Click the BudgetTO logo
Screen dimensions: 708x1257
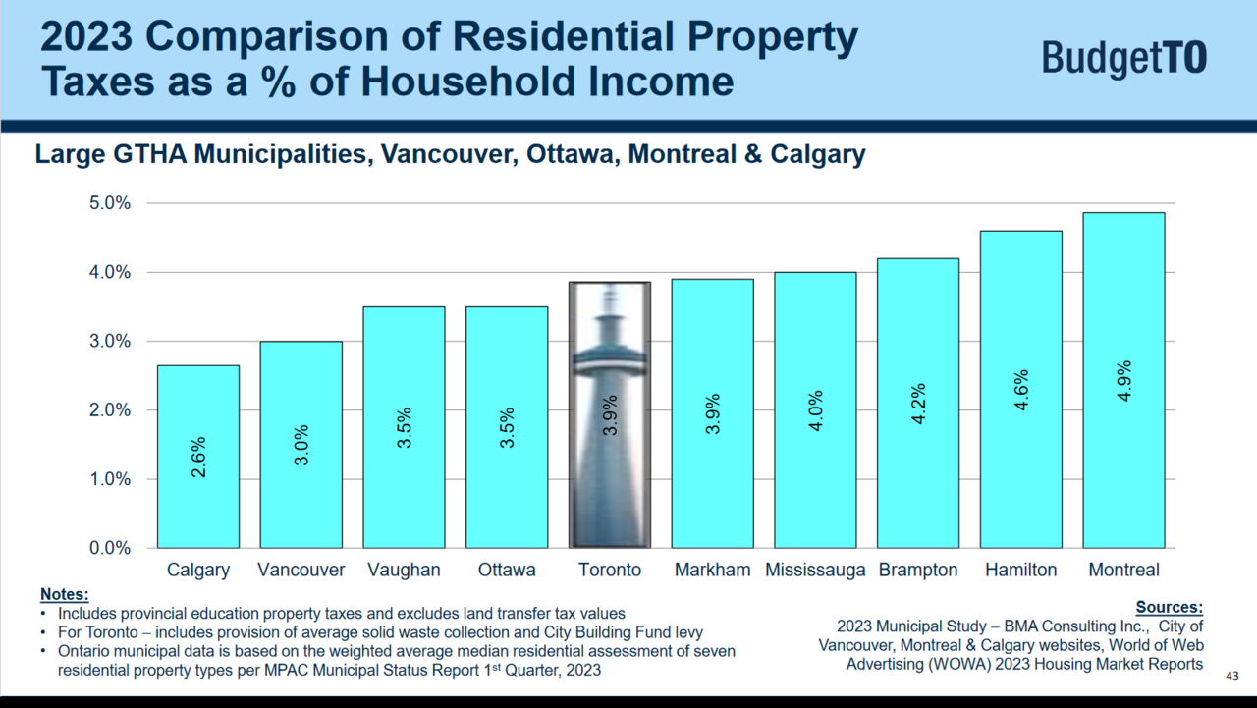pos(1124,58)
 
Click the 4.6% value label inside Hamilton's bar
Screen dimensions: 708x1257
pos(1021,390)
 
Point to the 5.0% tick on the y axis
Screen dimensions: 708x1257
pos(110,203)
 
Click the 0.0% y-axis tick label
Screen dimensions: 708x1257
pos(110,548)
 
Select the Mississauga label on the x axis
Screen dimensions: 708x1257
pos(815,571)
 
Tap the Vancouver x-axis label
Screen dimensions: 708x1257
pos(301,571)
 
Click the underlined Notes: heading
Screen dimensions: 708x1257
pos(64,594)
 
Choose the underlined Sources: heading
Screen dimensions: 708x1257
pos(1169,608)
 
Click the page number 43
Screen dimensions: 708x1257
pos(1232,677)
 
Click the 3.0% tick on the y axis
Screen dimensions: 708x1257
pos(110,342)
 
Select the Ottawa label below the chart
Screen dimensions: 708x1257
pos(507,571)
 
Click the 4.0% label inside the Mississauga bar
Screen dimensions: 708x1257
pos(815,409)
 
